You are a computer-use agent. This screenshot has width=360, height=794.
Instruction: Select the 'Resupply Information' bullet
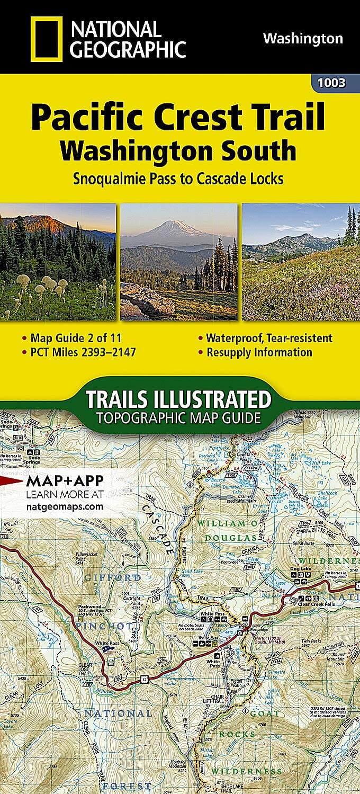tap(259, 352)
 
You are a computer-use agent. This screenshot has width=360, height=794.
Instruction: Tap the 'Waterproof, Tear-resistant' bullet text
tap(269, 338)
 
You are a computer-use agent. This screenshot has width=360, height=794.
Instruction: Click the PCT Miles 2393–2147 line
tap(79, 352)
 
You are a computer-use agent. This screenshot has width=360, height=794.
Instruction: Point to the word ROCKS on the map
tap(237, 735)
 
